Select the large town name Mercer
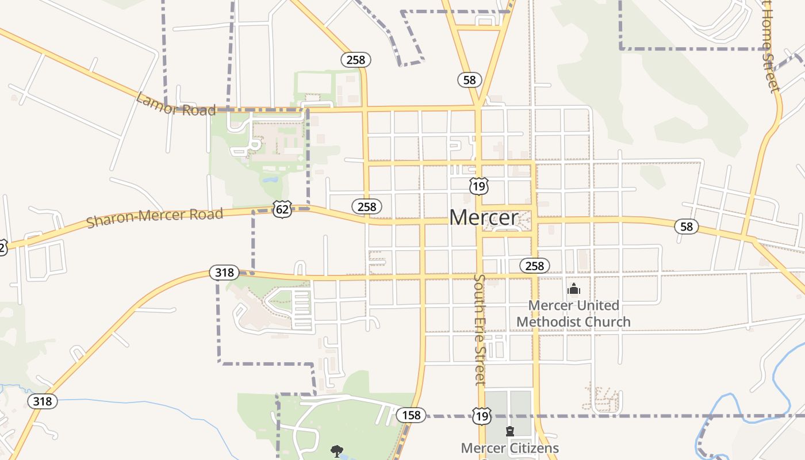(484, 217)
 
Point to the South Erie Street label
(480, 329)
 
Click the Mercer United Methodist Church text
(573, 313)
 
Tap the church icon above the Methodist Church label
(573, 289)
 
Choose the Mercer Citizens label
(510, 448)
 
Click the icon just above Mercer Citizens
(509, 431)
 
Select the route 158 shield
(411, 415)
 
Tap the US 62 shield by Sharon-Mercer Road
(282, 209)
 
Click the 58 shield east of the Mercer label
(687, 227)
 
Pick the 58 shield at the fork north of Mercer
(470, 80)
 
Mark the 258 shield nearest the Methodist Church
(534, 266)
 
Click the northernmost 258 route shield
(356, 59)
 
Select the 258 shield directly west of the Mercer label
(366, 207)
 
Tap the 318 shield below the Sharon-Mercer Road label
(224, 273)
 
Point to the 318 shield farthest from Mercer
(43, 401)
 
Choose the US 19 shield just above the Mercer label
(478, 186)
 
